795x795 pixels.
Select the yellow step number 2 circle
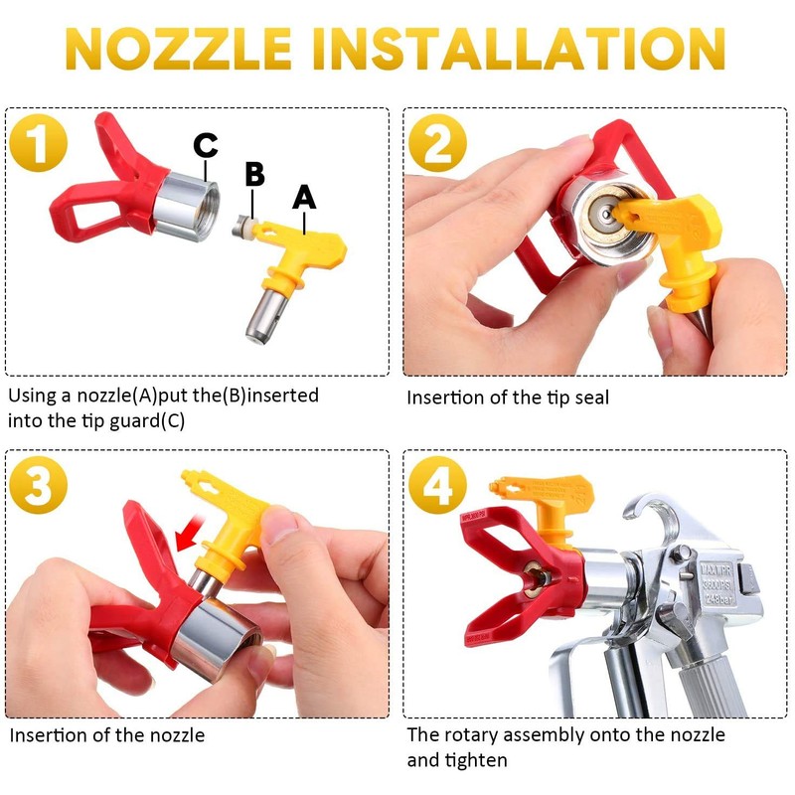437,143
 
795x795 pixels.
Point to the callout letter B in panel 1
254,174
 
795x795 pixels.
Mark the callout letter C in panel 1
206,145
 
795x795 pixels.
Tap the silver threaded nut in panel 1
181,197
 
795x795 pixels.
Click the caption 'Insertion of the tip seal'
508,397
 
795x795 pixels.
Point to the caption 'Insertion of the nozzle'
107,736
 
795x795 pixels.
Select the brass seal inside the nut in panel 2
605,210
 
